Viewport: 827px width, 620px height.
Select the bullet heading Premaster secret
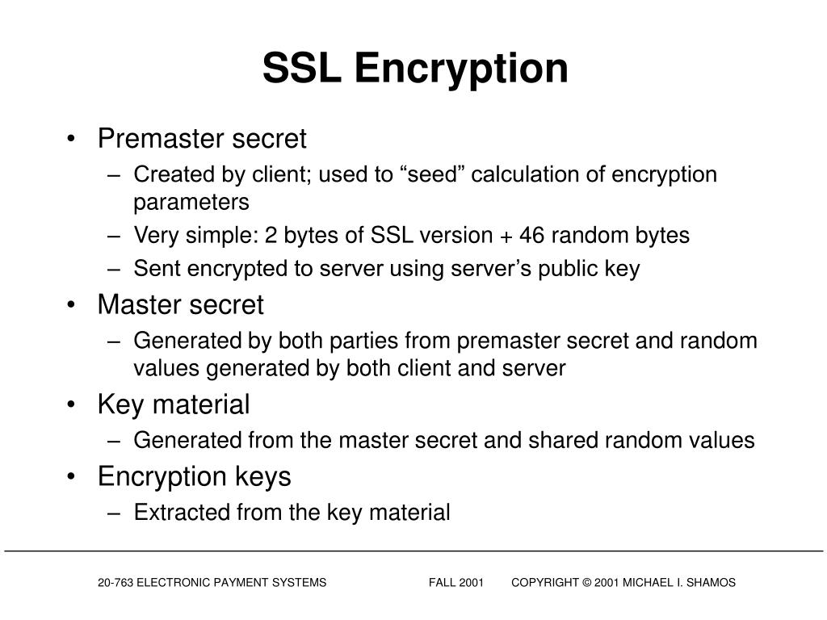tap(202, 139)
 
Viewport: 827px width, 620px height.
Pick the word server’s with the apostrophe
tap(448, 269)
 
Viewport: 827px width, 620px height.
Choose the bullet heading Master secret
tap(180, 305)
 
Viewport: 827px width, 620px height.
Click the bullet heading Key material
tap(174, 404)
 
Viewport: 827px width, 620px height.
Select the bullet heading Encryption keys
tap(194, 476)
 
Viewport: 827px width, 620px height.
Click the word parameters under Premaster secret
tap(191, 202)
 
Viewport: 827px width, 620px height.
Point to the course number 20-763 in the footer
tap(115, 582)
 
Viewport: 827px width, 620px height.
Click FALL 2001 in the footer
tap(456, 582)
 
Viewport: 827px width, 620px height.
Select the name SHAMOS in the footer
tap(711, 582)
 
